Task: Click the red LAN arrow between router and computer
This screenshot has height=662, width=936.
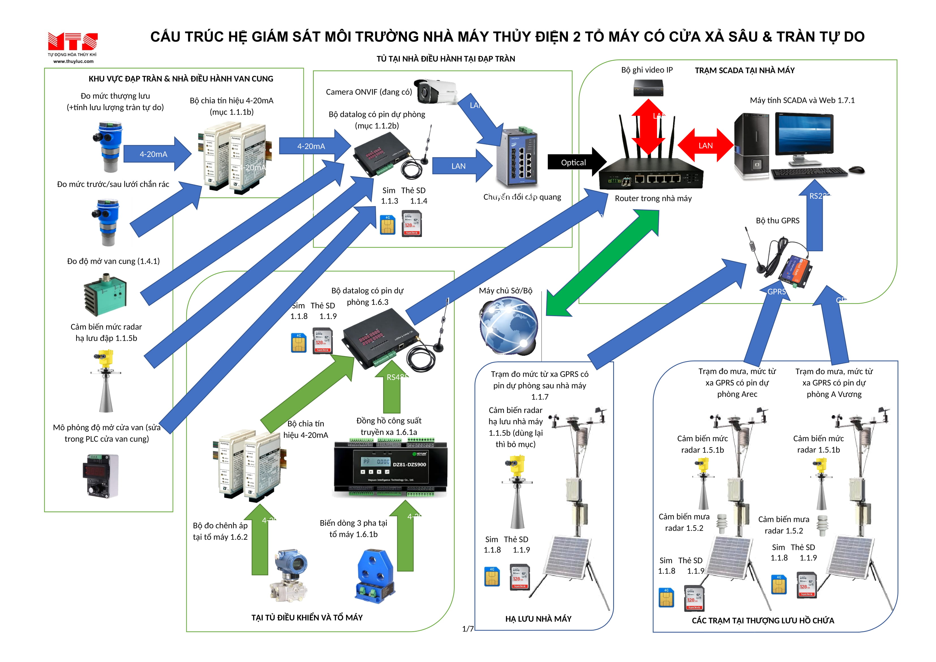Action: coord(705,145)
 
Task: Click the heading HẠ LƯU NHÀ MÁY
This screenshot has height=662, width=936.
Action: coord(538,619)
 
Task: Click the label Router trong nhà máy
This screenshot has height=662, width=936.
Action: coord(653,199)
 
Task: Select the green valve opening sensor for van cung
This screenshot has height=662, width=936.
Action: coord(106,297)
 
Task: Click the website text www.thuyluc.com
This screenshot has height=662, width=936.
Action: coord(73,62)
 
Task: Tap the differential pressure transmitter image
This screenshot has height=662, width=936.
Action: coord(289,575)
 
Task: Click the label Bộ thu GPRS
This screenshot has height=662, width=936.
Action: coord(778,221)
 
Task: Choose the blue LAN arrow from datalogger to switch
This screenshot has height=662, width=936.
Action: coord(461,166)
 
